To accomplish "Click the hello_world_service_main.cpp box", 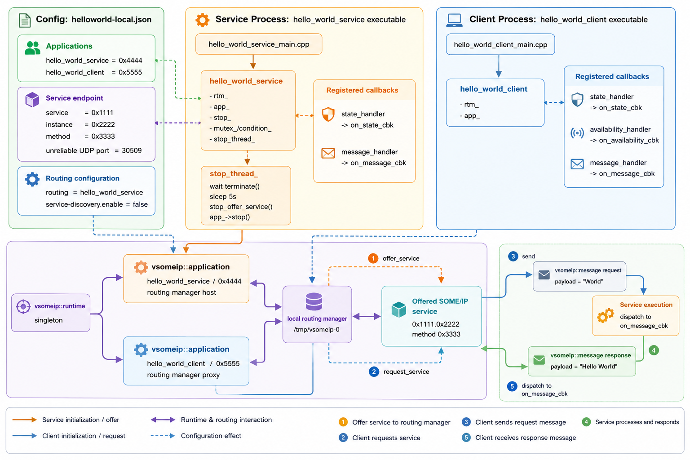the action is coord(259,44).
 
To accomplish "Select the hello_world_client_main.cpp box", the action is coord(500,44).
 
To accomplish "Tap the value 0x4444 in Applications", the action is coord(131,60).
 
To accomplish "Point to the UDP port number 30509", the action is coord(132,150).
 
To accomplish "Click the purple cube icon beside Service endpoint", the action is coord(32,100).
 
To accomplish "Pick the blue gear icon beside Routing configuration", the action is coord(32,179).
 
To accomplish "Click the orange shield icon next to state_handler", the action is coord(328,114).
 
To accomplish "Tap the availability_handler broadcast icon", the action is coord(577,133).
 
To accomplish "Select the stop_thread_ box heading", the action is coord(234,174).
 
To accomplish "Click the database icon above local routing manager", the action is coord(314,301).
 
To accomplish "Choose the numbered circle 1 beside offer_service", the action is coord(373,258).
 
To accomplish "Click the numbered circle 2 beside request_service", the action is coord(374,372).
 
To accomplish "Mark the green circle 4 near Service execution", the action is coord(654,350).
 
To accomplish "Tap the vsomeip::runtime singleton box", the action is coord(51,313).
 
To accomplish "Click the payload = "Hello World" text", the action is coord(584,366).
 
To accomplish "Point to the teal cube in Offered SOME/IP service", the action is coord(398,310).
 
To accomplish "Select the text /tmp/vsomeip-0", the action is coord(317,329).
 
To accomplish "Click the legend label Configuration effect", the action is coord(211,436).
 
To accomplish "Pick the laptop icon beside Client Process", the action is coord(454,20).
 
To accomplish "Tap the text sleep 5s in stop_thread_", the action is coord(223,197).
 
